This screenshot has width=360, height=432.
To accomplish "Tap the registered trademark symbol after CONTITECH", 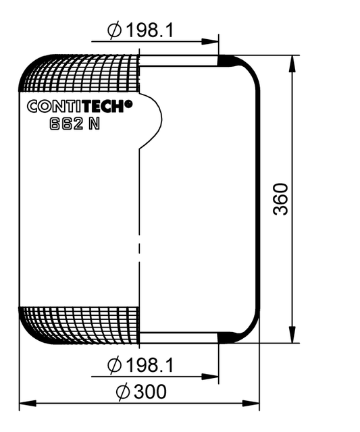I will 129,103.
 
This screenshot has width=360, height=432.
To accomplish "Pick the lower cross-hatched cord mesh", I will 81,323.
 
